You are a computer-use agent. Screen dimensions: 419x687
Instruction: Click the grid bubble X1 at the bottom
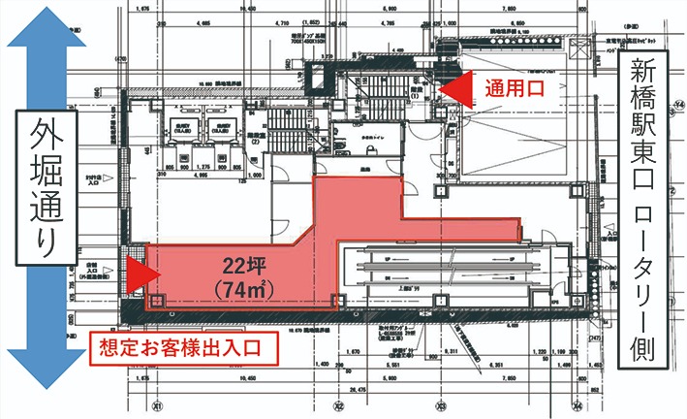[155, 406]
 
